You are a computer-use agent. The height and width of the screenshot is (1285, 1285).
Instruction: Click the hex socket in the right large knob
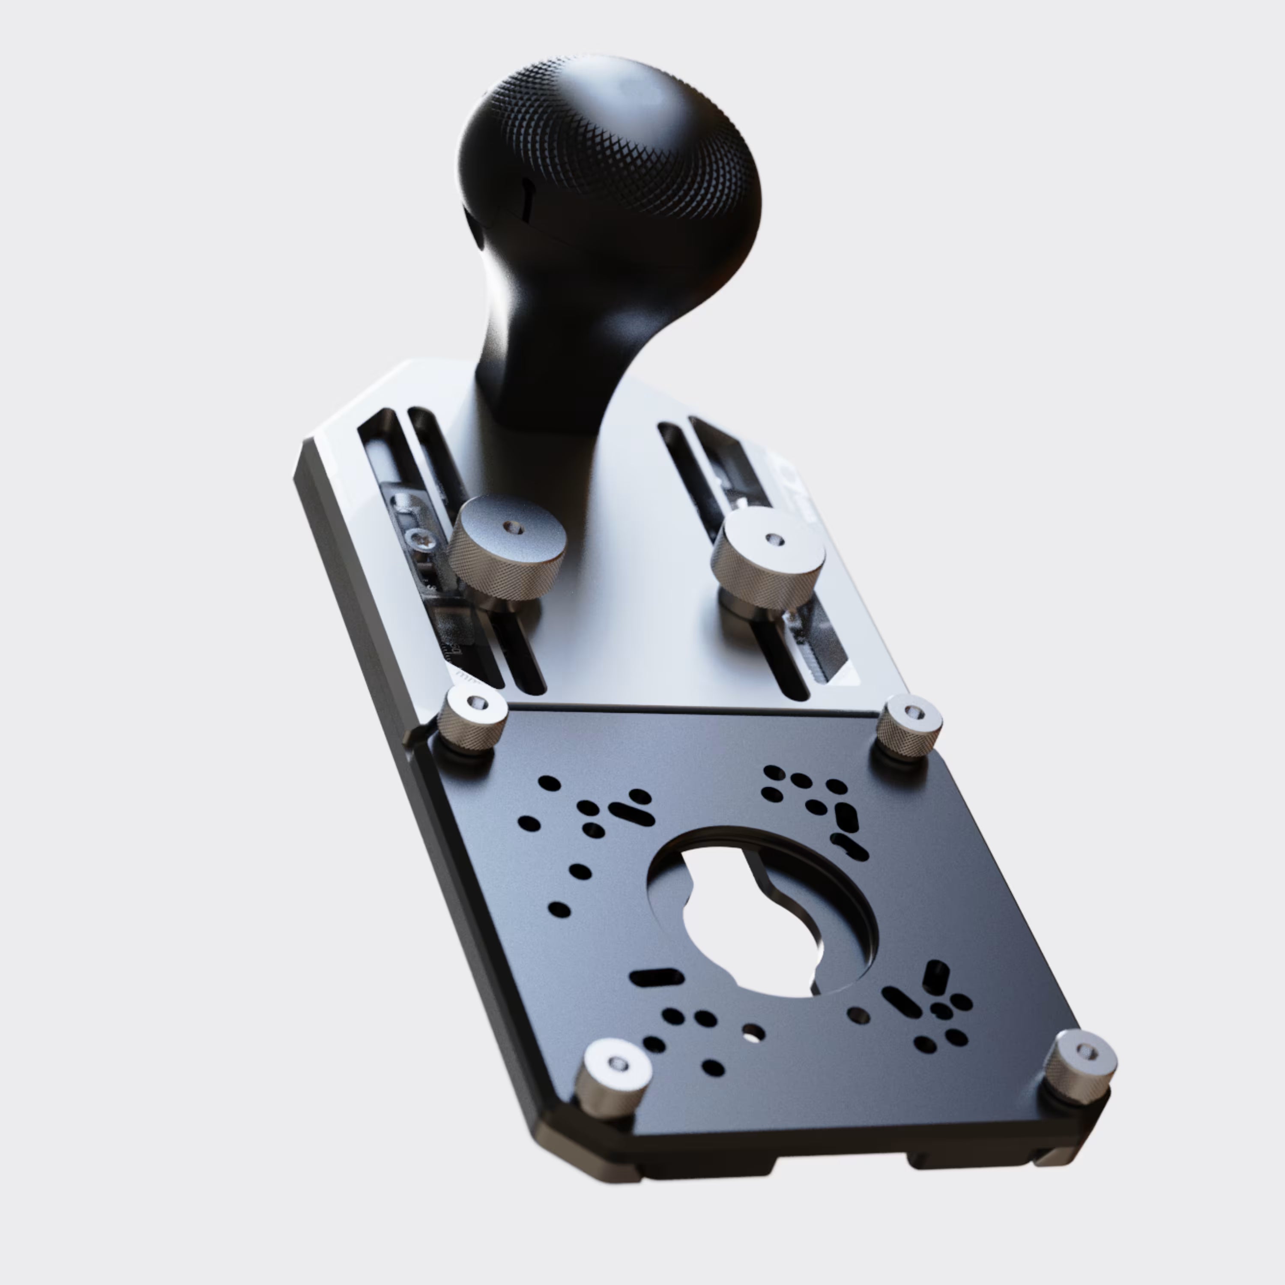(771, 539)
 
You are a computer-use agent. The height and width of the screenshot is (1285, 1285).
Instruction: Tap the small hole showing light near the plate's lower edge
(753, 1033)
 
